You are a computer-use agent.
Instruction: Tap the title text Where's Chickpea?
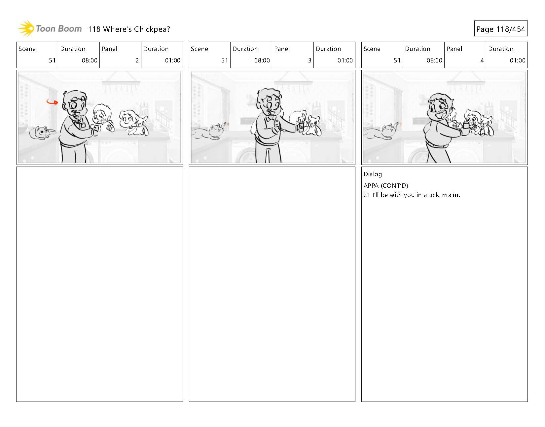point(136,29)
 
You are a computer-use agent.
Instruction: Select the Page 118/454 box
point(501,29)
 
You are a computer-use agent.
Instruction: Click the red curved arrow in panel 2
point(52,101)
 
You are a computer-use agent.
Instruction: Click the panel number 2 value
point(137,60)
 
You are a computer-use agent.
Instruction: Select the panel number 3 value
point(309,60)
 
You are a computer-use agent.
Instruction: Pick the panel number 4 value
point(482,60)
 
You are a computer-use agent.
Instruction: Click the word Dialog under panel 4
point(373,174)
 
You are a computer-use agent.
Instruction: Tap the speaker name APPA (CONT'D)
point(386,186)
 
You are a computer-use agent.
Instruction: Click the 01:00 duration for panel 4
point(517,60)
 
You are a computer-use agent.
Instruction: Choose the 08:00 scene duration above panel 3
point(262,60)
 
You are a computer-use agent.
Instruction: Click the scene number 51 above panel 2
point(52,60)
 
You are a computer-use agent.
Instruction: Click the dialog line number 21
point(367,195)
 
